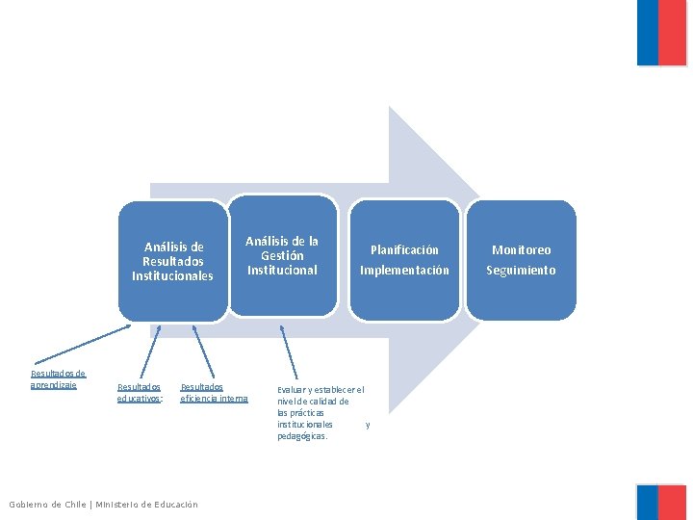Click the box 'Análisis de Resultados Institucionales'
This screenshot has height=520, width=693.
click(173, 261)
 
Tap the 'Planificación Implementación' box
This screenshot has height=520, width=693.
click(404, 260)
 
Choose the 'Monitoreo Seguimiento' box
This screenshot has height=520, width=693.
click(521, 260)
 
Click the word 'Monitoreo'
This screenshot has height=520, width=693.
click(521, 250)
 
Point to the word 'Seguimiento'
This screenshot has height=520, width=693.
click(521, 271)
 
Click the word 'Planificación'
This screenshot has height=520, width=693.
click(404, 250)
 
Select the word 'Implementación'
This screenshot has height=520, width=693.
click(404, 271)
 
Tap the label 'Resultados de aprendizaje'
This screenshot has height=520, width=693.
click(58, 379)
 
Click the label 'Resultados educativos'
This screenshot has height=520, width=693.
click(141, 392)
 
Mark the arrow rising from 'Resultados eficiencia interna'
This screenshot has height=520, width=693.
click(201, 352)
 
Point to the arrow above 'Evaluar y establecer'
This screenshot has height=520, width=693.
click(289, 352)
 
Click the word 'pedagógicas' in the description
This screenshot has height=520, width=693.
click(302, 436)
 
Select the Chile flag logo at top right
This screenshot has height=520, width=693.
click(661, 33)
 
